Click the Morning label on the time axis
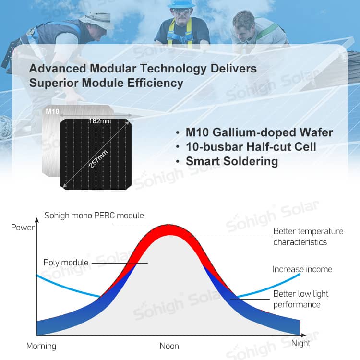click(x=41, y=347)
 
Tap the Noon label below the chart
click(x=169, y=346)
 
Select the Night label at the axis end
click(x=300, y=344)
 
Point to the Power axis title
click(x=23, y=228)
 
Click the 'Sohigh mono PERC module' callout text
click(x=94, y=216)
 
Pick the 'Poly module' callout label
click(x=66, y=263)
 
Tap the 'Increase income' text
click(x=302, y=269)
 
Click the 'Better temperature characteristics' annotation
click(x=308, y=237)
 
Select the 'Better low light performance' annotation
click(x=301, y=299)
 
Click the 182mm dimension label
click(x=100, y=121)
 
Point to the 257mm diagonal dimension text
click(x=98, y=159)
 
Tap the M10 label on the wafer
click(x=52, y=111)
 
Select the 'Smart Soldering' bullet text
click(x=232, y=161)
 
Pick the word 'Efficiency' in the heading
click(x=155, y=83)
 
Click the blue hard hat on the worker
click(x=181, y=4)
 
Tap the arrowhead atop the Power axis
click(x=37, y=220)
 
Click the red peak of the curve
click(x=169, y=229)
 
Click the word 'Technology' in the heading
click(x=173, y=69)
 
